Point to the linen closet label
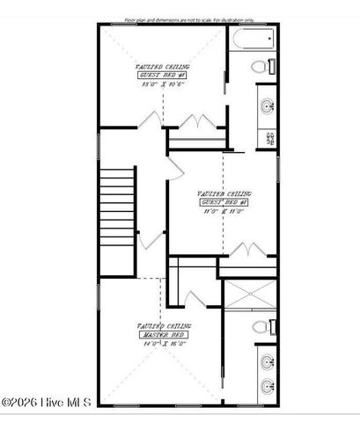click(268, 137)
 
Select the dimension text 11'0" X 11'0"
click(224, 211)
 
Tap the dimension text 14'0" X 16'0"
click(164, 344)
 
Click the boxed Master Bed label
click(165, 334)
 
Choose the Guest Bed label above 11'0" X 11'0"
click(224, 202)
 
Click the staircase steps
click(115, 211)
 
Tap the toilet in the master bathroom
click(261, 327)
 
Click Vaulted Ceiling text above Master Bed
click(164, 325)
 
